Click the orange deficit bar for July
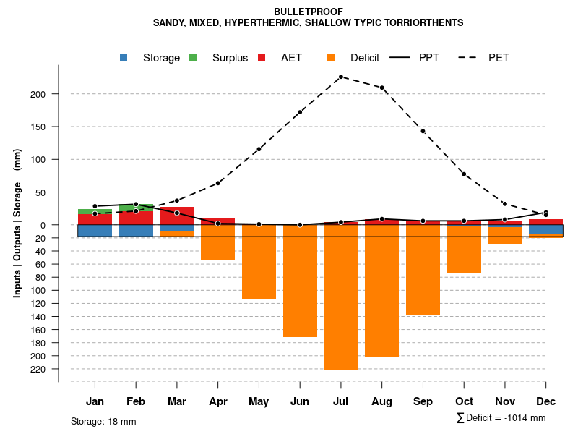click(341, 297)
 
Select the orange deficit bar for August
click(381, 290)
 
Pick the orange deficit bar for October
click(464, 249)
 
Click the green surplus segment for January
click(95, 211)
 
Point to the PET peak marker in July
click(340, 77)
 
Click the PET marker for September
click(423, 131)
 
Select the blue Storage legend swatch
click(124, 57)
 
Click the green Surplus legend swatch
click(193, 57)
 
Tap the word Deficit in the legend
click(365, 58)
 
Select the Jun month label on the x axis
click(300, 401)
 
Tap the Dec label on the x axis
click(546, 401)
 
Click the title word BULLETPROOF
click(309, 12)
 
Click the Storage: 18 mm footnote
click(103, 421)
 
